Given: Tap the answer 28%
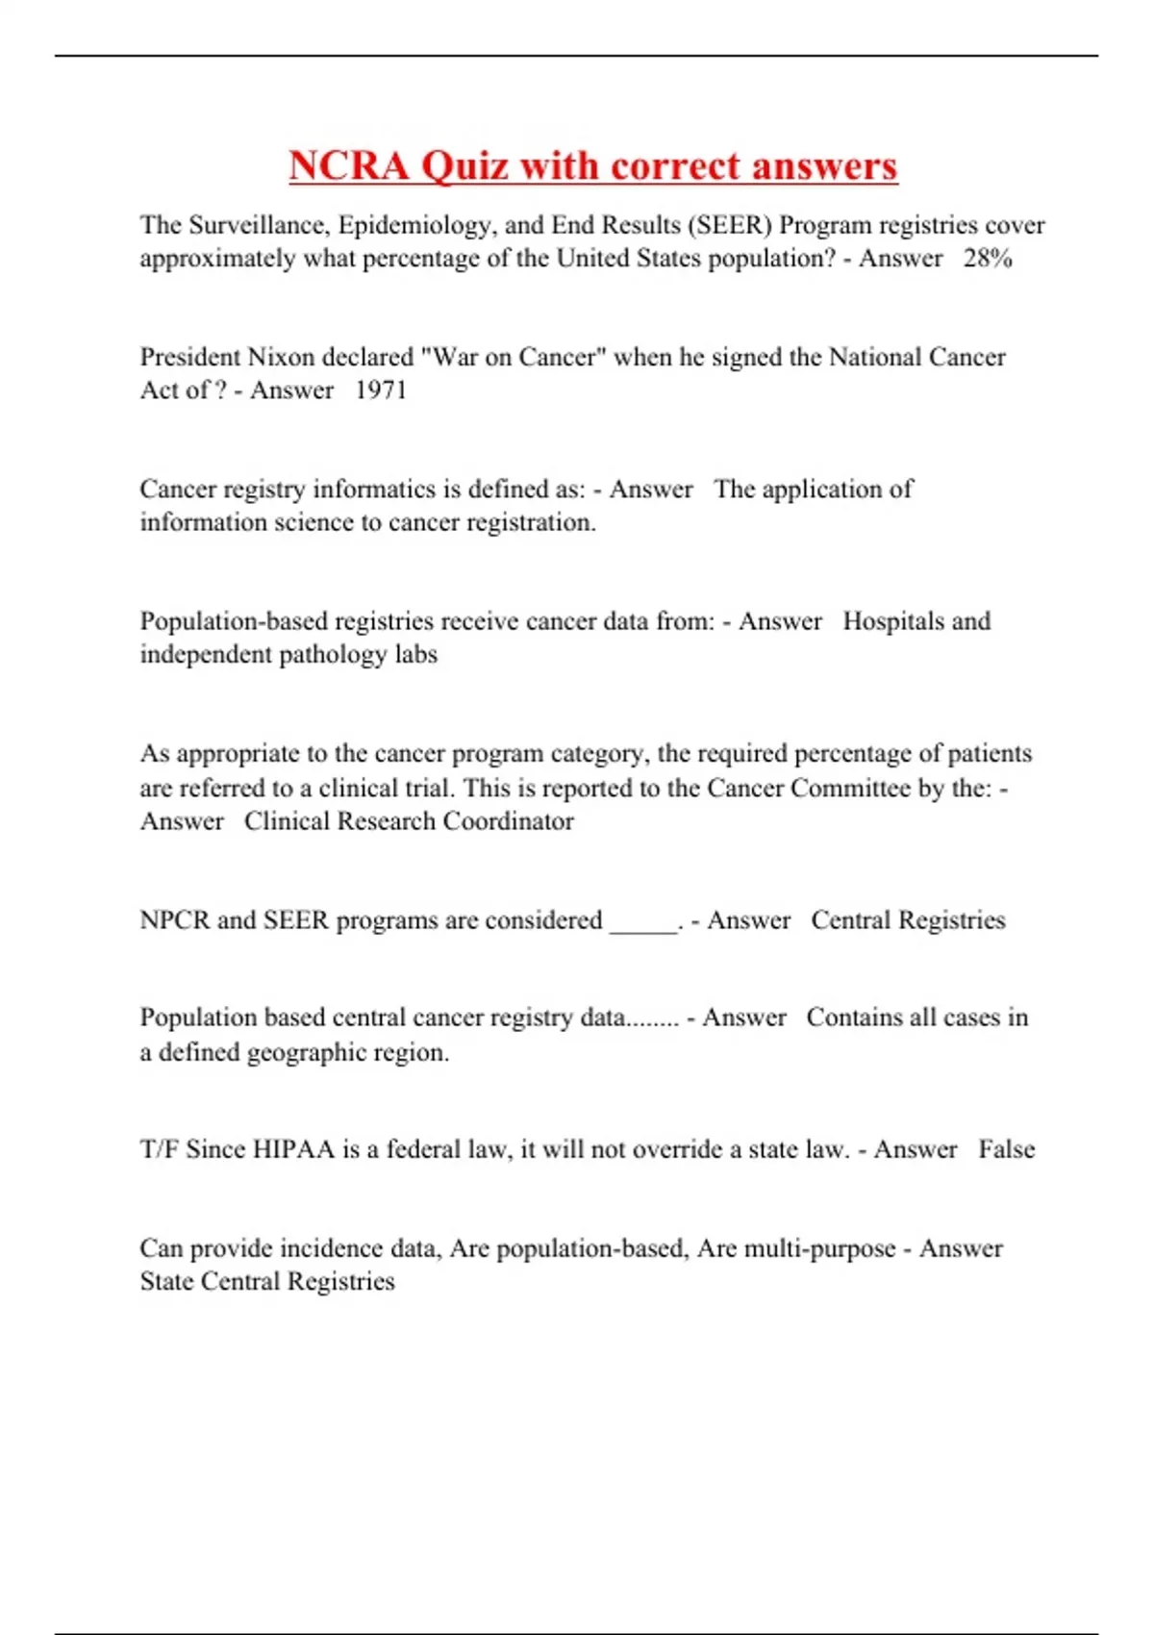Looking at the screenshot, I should click(988, 259).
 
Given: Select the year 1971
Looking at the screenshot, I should click(381, 390).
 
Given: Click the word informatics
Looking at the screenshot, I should click(375, 489).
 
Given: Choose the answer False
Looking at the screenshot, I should click(1007, 1149).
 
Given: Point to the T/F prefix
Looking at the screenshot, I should click(159, 1149).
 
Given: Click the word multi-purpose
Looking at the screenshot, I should click(796, 1248).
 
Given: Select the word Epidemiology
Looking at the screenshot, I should click(415, 225).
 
